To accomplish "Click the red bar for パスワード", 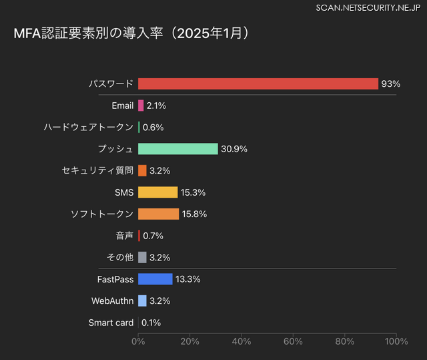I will (x=258, y=83).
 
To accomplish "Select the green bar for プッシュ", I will (x=178, y=149).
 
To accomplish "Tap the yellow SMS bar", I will (x=158, y=192).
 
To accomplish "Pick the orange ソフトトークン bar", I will (x=159, y=214).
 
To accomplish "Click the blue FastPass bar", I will (x=155, y=279).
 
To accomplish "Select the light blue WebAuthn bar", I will (x=142, y=301).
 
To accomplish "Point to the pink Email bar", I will (x=141, y=106).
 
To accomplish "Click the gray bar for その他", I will (x=142, y=257).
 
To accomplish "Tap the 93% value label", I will (x=390, y=84).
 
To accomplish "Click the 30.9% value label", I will (x=234, y=149).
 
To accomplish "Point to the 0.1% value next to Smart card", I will (x=151, y=323).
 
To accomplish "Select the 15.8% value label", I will (x=194, y=214).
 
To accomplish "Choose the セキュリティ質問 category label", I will (x=97, y=170).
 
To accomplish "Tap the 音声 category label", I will (x=125, y=236).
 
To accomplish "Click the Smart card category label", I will (x=111, y=323).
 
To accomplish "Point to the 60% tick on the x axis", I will (x=293, y=342).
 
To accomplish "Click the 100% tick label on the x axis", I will (x=396, y=342).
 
